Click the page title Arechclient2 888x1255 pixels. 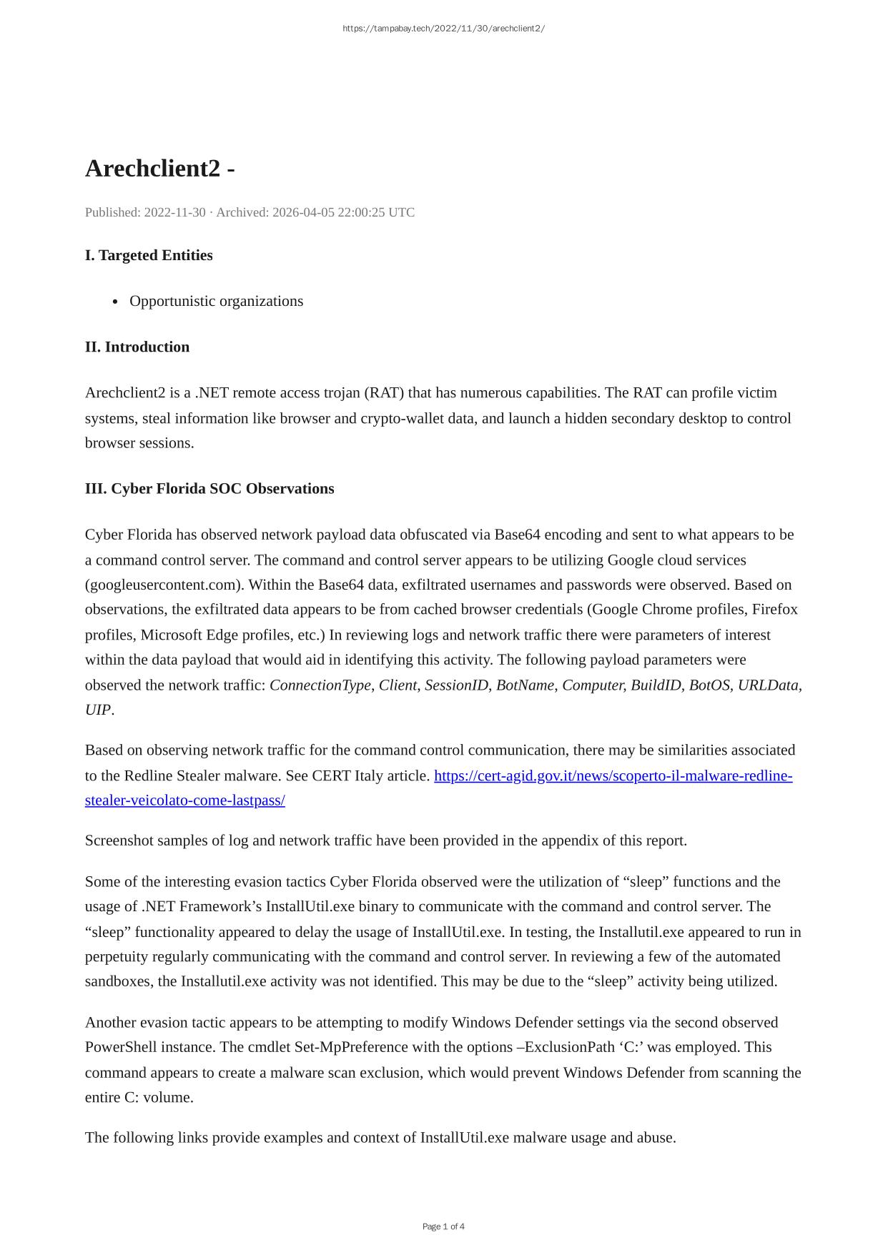point(152,169)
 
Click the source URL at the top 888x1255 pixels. point(443,29)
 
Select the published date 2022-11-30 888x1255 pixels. point(174,212)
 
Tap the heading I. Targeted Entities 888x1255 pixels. point(149,255)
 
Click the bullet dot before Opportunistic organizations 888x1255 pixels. point(115,302)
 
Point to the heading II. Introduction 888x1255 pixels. point(137,347)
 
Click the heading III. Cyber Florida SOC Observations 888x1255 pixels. point(209,488)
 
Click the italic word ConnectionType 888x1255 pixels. point(320,685)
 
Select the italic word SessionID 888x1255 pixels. point(456,685)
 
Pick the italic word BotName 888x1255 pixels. point(525,685)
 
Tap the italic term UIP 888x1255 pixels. point(98,710)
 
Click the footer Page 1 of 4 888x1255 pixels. point(443,1226)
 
